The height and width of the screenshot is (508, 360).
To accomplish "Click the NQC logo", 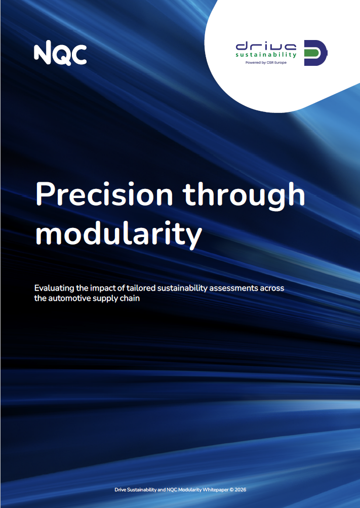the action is coord(60,53).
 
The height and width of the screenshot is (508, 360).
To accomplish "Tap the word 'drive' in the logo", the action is coord(266,46).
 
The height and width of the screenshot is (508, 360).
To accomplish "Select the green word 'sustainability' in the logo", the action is coord(266,55).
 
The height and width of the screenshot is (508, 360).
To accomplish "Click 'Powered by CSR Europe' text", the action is coord(266,62).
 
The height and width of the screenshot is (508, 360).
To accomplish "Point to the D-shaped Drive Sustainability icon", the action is coord(315,53).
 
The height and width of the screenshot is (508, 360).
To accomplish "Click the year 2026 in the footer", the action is coord(240,490).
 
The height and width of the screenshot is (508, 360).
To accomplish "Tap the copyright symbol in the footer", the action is coord(231,490).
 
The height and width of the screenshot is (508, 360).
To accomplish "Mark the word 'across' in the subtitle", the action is coord(272,288).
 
